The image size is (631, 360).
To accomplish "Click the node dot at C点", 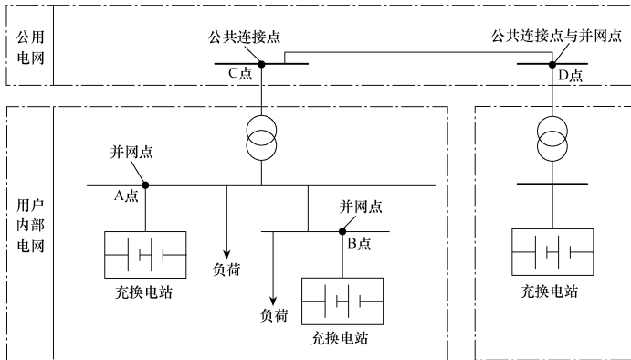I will click(261, 64).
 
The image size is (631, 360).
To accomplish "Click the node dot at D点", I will click(552, 64).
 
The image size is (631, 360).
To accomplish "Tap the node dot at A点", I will click(144, 185).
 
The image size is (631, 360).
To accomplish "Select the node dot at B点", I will click(343, 230).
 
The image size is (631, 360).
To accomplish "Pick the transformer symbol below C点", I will click(261, 139).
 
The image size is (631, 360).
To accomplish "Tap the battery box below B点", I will click(343, 299).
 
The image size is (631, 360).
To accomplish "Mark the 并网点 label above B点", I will click(360, 207).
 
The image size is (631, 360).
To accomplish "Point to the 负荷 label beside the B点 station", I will click(274, 315).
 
